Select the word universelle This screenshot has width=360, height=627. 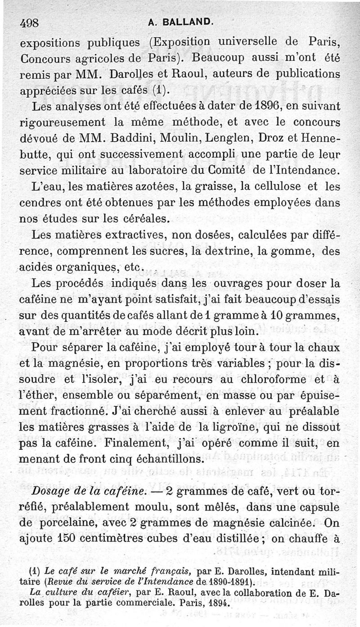pyautogui.click(x=249, y=43)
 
